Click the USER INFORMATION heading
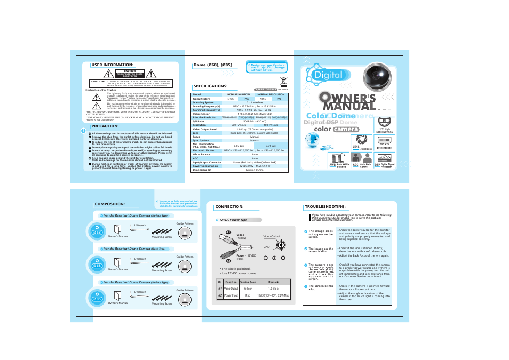[x=112, y=65]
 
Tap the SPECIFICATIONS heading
[x=210, y=86]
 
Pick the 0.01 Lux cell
[x=271, y=145]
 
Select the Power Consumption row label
[x=205, y=165]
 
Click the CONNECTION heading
[x=229, y=206]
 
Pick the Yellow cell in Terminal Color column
[x=248, y=289]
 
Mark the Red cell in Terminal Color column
[x=248, y=295]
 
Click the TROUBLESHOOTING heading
[x=325, y=206]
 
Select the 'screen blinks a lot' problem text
[x=320, y=287]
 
